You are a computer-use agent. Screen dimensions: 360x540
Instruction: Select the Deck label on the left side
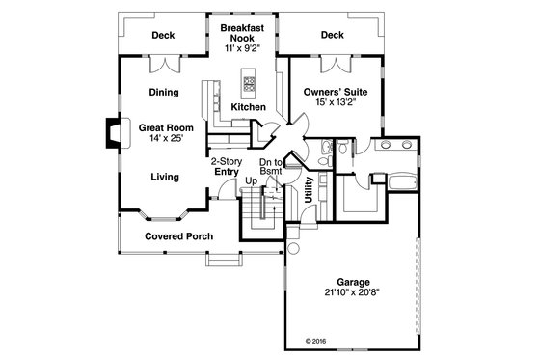162,35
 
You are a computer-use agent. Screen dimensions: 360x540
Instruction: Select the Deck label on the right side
332,35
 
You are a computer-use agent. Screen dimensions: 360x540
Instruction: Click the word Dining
163,93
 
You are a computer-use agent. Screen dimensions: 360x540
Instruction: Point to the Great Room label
166,126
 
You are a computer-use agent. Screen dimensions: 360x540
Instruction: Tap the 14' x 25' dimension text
166,139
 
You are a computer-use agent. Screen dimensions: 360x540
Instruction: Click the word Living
164,177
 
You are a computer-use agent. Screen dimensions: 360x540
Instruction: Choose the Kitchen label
249,107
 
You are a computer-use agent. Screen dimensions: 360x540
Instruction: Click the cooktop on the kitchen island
250,81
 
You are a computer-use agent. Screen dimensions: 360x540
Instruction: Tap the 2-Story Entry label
226,167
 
